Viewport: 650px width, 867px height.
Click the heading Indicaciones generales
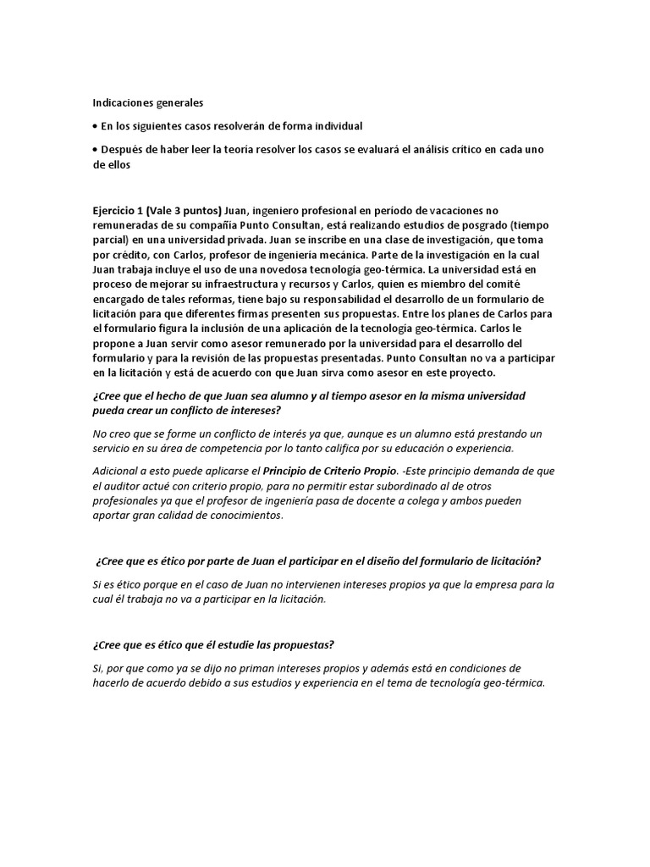pos(148,102)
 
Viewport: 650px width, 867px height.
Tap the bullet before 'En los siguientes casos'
pos(95,126)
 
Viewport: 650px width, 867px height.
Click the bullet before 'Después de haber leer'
pos(95,150)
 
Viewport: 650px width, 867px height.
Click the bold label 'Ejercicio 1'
pos(119,210)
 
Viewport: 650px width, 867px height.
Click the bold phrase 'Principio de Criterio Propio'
pos(329,471)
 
